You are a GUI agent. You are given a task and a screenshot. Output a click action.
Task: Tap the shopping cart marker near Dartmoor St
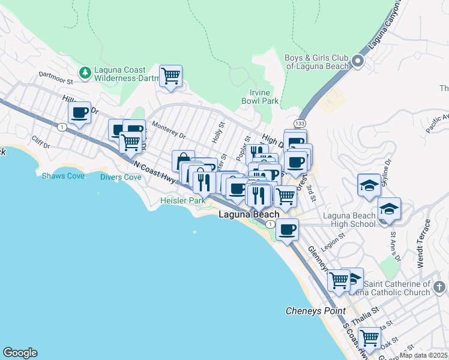pos(171,76)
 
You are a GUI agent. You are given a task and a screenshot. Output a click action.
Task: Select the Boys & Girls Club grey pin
pos(357,61)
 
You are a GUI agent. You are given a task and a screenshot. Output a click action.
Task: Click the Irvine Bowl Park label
pos(264,97)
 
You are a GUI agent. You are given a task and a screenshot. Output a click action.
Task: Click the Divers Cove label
pos(121,177)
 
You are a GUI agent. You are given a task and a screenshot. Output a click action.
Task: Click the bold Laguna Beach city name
pos(249,214)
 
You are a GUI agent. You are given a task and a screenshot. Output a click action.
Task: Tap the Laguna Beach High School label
pos(349,220)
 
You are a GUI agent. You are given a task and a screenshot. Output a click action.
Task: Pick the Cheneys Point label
pos(315,311)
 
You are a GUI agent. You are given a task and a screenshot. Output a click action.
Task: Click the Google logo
pos(20,353)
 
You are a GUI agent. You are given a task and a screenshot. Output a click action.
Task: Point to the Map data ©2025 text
pos(424,355)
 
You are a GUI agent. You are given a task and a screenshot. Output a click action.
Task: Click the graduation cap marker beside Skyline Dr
pos(369,185)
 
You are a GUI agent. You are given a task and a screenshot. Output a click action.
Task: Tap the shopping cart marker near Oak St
pos(369,338)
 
